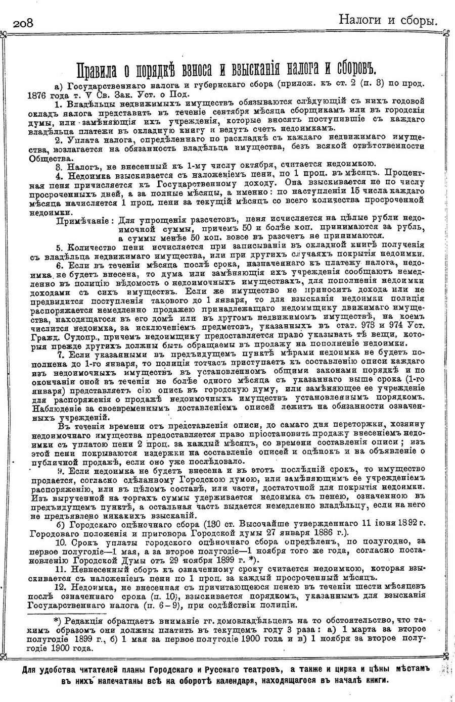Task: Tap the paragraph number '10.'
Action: (62, 542)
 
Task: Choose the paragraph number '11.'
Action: (62, 568)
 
